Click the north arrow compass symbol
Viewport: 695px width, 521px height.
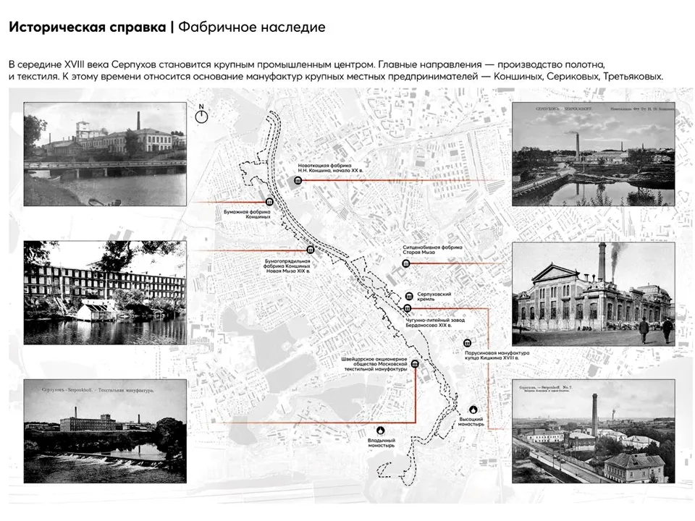click(202, 113)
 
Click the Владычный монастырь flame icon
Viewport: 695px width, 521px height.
click(382, 428)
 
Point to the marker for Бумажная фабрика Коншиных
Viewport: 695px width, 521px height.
click(269, 203)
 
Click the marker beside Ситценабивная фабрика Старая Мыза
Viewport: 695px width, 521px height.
click(405, 263)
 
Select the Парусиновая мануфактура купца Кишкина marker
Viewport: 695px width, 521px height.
click(468, 343)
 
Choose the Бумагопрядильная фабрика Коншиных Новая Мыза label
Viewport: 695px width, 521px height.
click(287, 265)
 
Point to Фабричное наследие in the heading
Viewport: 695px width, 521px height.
click(251, 27)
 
